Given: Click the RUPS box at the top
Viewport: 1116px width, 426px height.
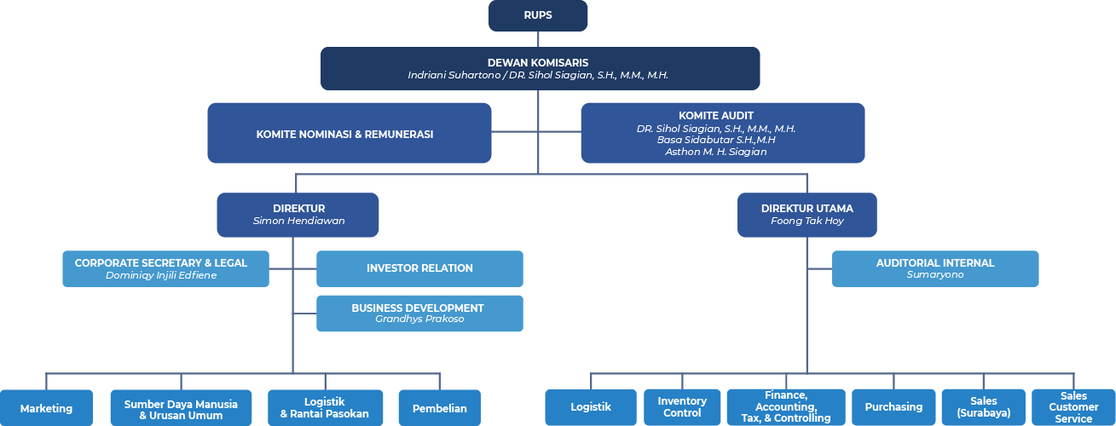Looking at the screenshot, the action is click(538, 15).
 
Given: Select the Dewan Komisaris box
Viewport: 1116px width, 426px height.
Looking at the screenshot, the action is click(540, 69).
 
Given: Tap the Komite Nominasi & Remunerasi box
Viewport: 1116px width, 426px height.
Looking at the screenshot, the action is click(350, 133).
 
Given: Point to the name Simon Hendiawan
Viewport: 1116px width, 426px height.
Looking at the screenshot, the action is click(298, 221).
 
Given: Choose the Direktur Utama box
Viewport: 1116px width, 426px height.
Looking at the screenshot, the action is click(807, 215).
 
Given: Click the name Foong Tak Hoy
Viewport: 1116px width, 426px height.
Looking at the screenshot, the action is click(807, 221).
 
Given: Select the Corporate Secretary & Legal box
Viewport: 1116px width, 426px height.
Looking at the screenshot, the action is click(166, 268).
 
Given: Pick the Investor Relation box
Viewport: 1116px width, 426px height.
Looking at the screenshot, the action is click(419, 268).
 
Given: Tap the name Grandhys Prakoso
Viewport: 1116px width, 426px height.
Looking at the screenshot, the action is click(419, 319).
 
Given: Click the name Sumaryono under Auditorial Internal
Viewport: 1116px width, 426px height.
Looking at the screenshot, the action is click(935, 274).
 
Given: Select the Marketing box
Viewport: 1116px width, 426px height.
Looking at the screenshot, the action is click(46, 408).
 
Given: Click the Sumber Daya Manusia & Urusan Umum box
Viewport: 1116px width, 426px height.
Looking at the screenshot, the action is click(181, 408).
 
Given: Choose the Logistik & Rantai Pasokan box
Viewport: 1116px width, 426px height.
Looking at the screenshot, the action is click(326, 408).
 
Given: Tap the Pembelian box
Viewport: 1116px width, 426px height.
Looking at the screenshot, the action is click(439, 408).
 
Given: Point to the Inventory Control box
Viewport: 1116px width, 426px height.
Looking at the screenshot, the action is click(682, 407).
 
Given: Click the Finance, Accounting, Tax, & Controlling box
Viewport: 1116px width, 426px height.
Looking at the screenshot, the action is click(786, 407).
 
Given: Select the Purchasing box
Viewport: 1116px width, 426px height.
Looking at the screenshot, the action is click(893, 407).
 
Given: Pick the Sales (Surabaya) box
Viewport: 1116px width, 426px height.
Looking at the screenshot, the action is click(984, 407).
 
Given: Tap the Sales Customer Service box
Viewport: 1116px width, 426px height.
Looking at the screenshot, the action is click(1073, 407).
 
